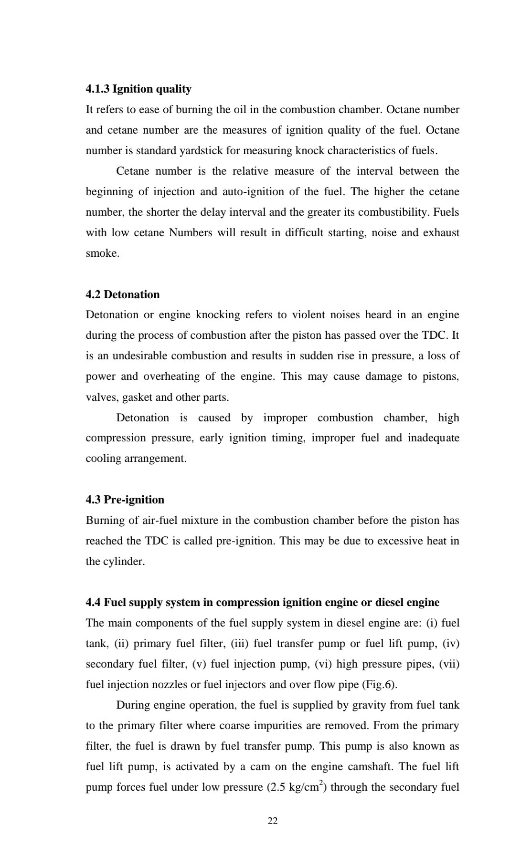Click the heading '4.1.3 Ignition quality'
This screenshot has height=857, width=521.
point(138,89)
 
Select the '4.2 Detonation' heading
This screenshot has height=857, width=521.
point(123,294)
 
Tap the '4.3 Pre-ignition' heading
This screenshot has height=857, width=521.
point(125,500)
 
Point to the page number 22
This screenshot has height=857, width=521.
point(273,821)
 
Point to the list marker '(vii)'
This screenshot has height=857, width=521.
point(449,664)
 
